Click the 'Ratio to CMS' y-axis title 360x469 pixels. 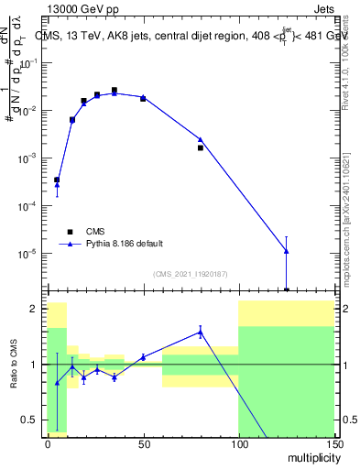(x=15, y=364)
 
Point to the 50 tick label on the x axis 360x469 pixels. (x=143, y=442)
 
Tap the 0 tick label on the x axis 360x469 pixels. (x=48, y=442)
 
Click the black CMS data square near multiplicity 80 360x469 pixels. (x=200, y=147)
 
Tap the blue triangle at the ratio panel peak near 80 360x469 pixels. (x=200, y=332)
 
